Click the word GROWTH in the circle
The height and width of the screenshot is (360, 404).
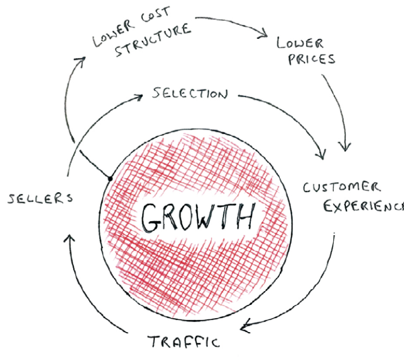pos(198,218)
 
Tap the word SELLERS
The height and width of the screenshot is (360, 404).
pos(40,198)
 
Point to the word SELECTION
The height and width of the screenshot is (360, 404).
pos(190,93)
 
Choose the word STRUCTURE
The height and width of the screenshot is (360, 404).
pos(151,45)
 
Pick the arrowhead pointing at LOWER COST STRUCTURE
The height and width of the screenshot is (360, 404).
pos(82,61)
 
